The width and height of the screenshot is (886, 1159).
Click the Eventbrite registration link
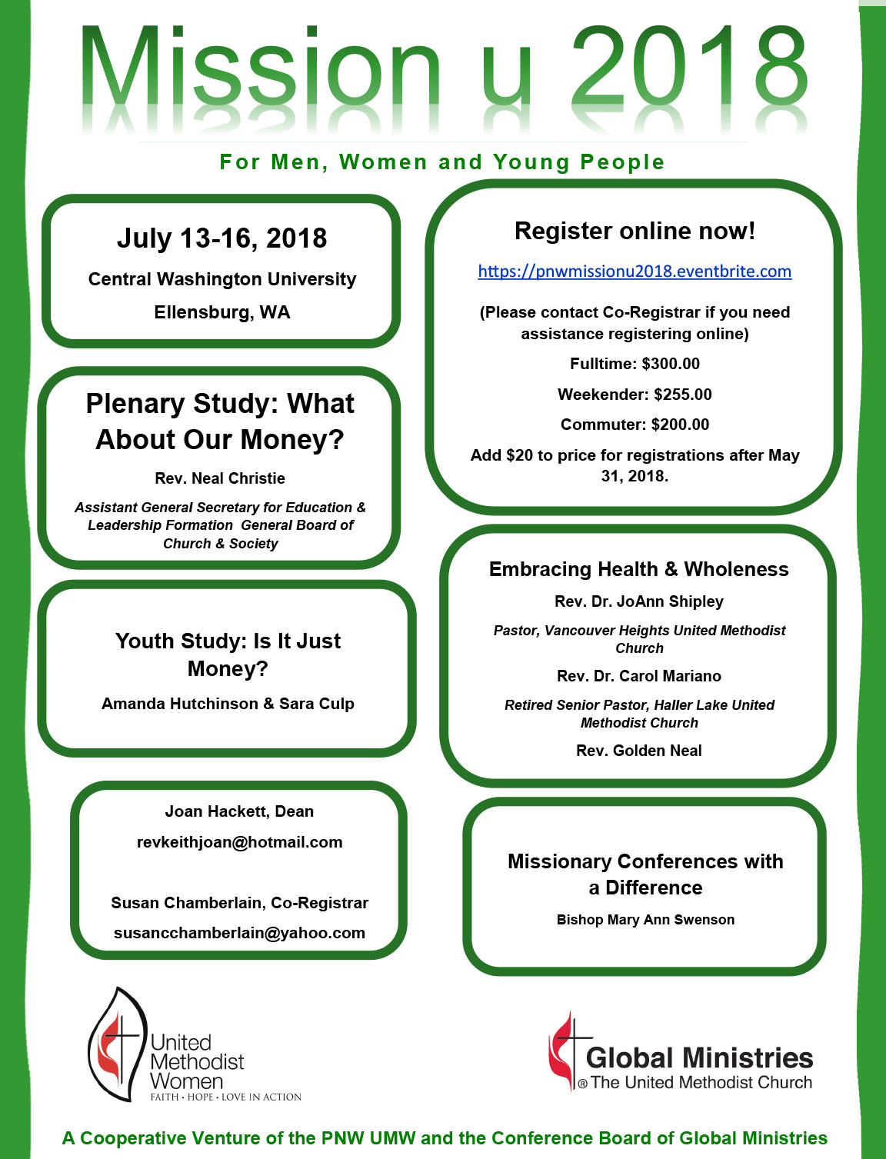click(x=635, y=271)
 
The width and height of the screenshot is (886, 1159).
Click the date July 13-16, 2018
click(x=221, y=238)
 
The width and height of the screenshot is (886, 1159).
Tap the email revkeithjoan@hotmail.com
click(x=239, y=842)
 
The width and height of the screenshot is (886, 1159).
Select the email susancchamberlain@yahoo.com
click(x=239, y=933)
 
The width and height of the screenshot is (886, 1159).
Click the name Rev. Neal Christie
click(x=220, y=478)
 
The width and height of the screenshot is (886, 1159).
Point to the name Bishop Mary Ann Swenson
click(x=645, y=920)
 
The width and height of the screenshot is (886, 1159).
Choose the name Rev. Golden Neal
click(x=638, y=751)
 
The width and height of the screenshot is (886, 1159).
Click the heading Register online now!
click(x=635, y=231)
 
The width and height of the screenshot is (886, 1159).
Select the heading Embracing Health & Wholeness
click(x=638, y=569)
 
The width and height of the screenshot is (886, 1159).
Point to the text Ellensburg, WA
click(x=221, y=312)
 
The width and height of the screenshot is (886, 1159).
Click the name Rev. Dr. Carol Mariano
click(x=638, y=676)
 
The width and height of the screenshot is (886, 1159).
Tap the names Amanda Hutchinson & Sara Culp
click(x=228, y=704)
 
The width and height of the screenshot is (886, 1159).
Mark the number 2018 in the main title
click(x=688, y=69)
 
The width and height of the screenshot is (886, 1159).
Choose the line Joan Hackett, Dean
click(x=239, y=811)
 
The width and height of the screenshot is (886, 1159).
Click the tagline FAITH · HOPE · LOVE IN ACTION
click(x=225, y=1097)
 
